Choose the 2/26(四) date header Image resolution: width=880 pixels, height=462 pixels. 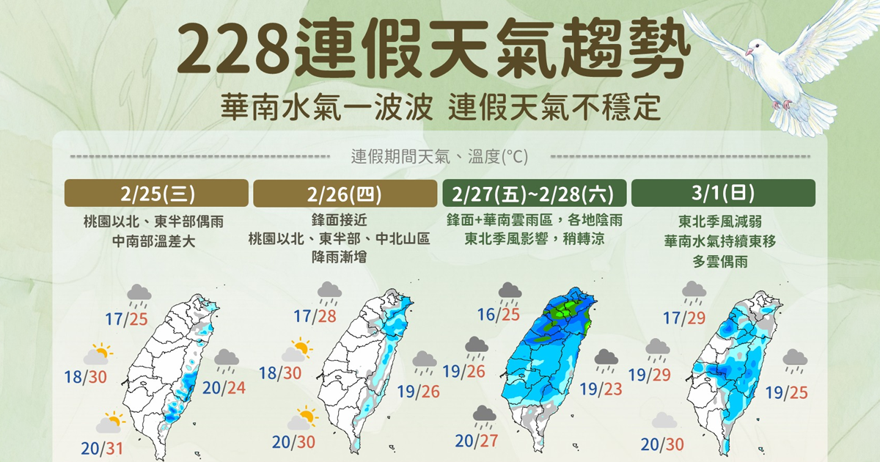point(344,194)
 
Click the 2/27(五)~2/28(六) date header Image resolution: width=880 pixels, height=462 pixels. point(535,194)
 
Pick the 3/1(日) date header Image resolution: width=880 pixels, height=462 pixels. point(722,194)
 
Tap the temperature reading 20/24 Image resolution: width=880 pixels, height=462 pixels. point(224,387)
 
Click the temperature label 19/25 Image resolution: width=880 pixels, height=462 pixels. point(785,392)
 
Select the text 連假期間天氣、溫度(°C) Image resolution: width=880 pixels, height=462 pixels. point(439,156)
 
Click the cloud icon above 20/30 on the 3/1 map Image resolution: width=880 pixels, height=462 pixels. point(663,420)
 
